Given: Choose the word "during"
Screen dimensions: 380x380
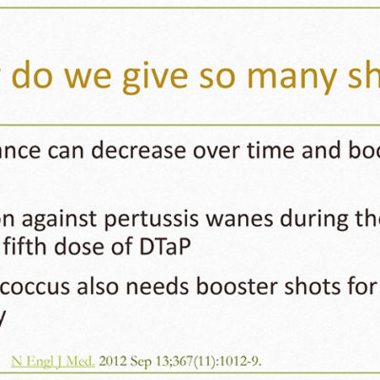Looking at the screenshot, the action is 315,220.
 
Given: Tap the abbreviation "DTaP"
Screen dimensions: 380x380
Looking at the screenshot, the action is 164,247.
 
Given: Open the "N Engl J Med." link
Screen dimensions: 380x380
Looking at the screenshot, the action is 53,361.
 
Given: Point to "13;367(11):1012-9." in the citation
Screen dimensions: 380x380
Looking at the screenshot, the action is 207,361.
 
